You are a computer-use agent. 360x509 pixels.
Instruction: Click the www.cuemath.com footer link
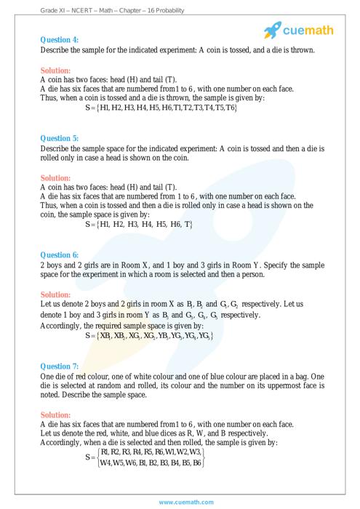(180, 502)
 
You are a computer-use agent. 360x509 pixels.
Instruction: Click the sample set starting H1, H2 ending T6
(161, 107)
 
